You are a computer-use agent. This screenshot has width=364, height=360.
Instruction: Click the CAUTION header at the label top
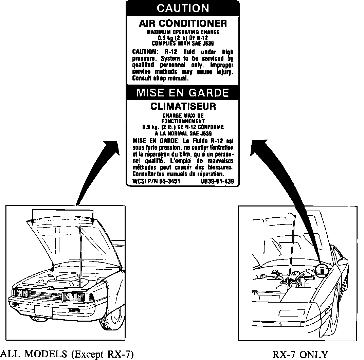pyautogui.click(x=183, y=8)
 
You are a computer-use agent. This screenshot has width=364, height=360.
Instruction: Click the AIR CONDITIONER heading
pyautogui.click(x=183, y=23)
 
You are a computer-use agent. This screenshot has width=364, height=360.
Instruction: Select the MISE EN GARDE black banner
pyautogui.click(x=183, y=93)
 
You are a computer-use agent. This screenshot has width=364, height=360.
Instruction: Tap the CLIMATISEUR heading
pyautogui.click(x=183, y=106)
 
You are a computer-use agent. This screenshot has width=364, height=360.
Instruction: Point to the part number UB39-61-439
pyautogui.click(x=217, y=181)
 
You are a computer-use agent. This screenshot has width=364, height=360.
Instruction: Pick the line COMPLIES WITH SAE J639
pyautogui.click(x=183, y=43)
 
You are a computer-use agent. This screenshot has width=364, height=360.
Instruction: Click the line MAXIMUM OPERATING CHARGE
pyautogui.click(x=183, y=32)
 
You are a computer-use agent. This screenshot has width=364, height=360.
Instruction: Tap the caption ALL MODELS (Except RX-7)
pyautogui.click(x=67, y=355)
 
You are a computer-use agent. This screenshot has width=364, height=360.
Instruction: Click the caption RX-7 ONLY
pyautogui.click(x=301, y=355)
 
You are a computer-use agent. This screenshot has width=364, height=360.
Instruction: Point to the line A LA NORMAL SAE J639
pyautogui.click(x=183, y=133)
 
